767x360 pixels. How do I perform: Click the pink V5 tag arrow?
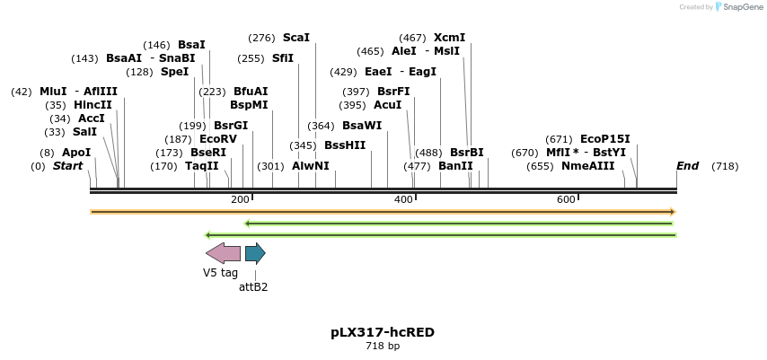[x=223, y=253]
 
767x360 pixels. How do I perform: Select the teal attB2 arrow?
[x=255, y=253]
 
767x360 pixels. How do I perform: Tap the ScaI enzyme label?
[x=295, y=38]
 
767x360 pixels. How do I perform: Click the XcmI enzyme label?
[x=449, y=38]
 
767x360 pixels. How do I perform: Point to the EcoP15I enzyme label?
[x=604, y=139]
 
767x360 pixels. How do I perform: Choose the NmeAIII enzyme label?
[x=587, y=166]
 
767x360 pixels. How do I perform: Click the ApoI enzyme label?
[x=76, y=153]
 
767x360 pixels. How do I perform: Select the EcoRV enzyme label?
[x=218, y=139]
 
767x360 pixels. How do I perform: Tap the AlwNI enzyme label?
[x=311, y=166]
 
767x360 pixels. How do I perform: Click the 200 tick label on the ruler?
[x=240, y=199]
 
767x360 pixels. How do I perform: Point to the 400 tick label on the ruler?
[x=403, y=199]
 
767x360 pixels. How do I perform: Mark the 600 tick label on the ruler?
[x=566, y=199]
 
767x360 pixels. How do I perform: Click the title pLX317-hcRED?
[x=383, y=332]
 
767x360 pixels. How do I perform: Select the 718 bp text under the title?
[x=383, y=346]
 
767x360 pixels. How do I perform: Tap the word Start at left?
[x=67, y=166]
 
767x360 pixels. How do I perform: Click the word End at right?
[x=687, y=166]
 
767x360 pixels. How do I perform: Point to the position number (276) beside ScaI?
[x=261, y=38]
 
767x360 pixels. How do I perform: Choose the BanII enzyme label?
[x=455, y=166]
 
